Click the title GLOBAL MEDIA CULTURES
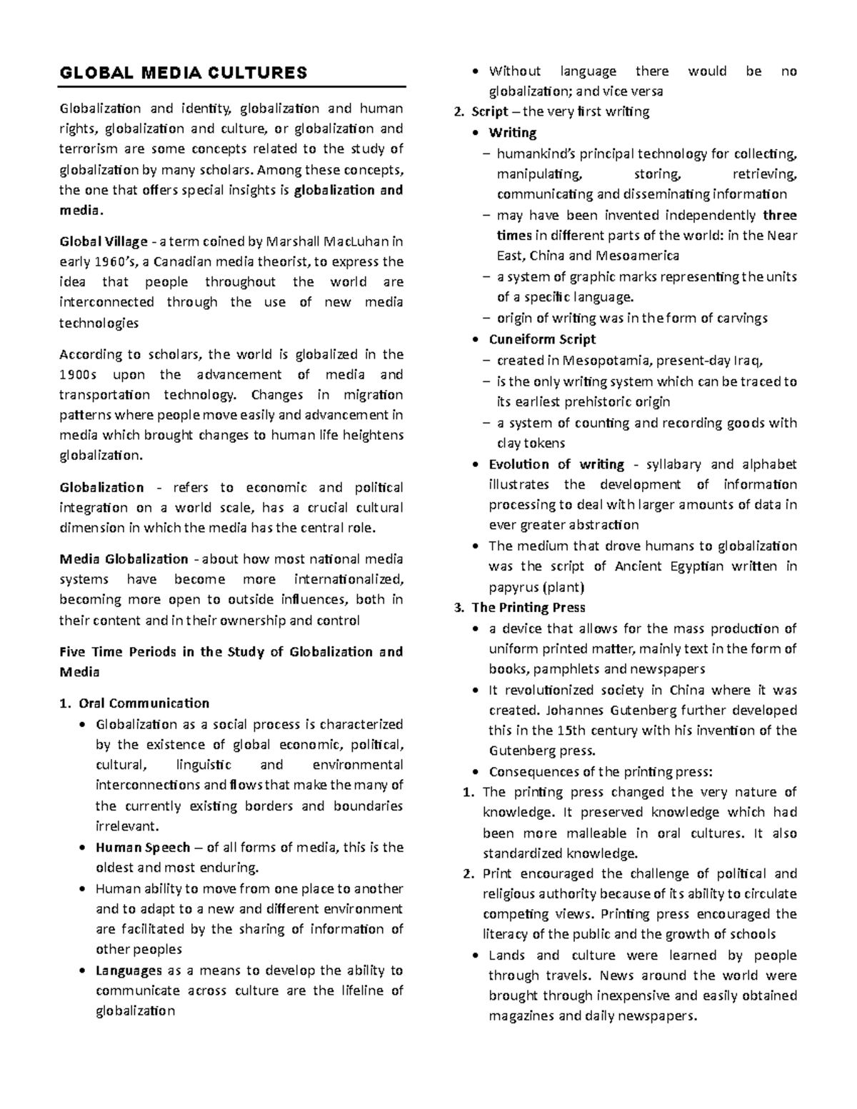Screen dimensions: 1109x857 (183, 73)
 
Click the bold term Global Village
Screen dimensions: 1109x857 (103, 241)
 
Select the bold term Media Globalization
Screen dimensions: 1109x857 (124, 559)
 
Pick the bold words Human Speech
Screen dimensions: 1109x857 (143, 848)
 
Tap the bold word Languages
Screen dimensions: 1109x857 (129, 970)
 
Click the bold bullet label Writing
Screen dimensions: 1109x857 (512, 133)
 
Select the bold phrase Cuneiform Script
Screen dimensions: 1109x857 (542, 339)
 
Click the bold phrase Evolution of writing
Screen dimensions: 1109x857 (556, 464)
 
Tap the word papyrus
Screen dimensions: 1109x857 (513, 588)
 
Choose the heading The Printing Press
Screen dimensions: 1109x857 (528, 608)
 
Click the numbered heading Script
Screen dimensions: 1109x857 (489, 112)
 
